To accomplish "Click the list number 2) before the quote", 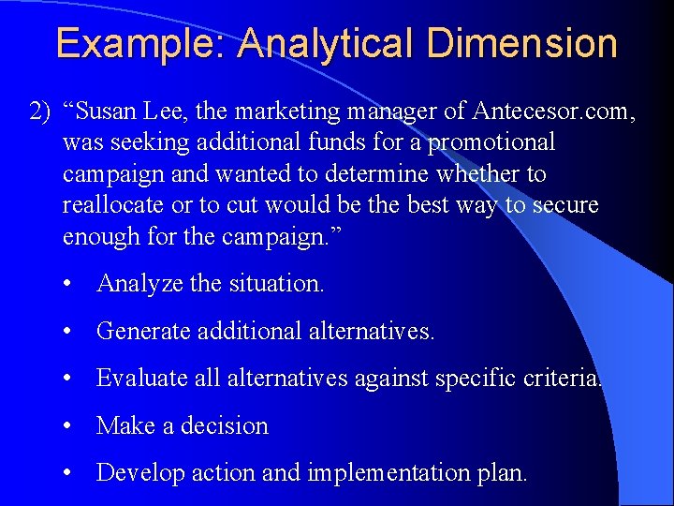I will [40, 112].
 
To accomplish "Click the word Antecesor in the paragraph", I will [518, 112].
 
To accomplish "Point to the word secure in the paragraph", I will [564, 205].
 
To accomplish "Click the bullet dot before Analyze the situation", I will [69, 283].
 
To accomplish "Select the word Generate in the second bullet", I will [143, 331].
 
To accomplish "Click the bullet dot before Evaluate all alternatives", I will [69, 378].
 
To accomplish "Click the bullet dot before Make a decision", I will [69, 425].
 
